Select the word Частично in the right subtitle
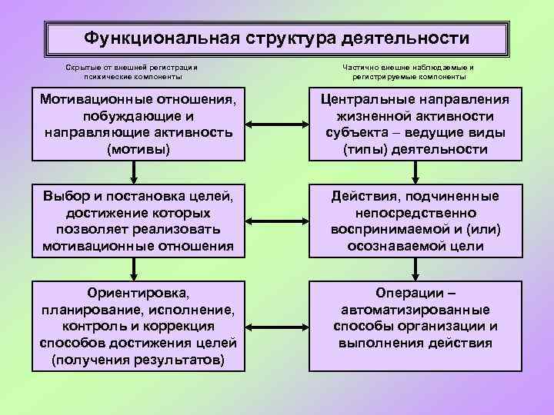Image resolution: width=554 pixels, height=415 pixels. [x=362, y=67]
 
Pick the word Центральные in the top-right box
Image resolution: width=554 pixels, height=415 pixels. [x=370, y=99]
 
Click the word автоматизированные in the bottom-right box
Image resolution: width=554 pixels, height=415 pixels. [x=415, y=310]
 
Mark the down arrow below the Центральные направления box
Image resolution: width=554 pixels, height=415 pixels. [x=415, y=173]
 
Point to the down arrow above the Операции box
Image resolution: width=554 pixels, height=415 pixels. [x=415, y=269]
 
